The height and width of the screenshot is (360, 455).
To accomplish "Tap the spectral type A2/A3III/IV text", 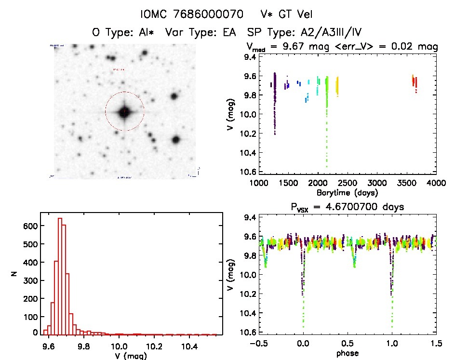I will (334, 33).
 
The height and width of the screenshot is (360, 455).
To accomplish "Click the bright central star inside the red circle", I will (124, 112).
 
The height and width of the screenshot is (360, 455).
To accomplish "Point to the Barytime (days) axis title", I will (347, 192).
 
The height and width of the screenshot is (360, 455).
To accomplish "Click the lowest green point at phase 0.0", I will (304, 327).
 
